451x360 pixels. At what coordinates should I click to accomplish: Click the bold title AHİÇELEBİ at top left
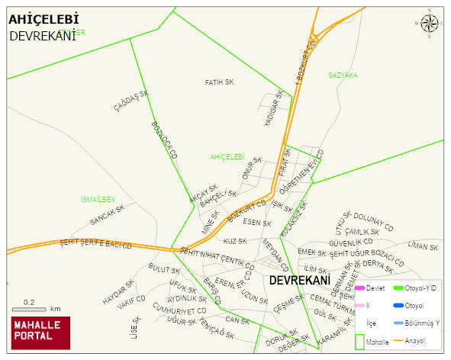pyautogui.click(x=43, y=20)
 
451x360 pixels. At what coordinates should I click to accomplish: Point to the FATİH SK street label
pyautogui.click(x=220, y=82)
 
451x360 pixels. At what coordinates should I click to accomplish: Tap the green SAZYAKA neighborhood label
pyautogui.click(x=343, y=75)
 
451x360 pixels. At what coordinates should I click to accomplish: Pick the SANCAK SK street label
pyautogui.click(x=107, y=217)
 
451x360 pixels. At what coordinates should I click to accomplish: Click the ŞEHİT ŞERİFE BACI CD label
pyautogui.click(x=95, y=245)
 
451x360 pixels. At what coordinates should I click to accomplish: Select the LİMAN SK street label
pyautogui.click(x=423, y=246)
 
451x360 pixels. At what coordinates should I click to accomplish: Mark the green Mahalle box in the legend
pyautogui.click(x=361, y=342)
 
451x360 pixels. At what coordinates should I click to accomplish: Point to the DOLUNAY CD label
pyautogui.click(x=372, y=221)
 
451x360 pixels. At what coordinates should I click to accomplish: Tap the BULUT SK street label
pyautogui.click(x=164, y=269)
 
